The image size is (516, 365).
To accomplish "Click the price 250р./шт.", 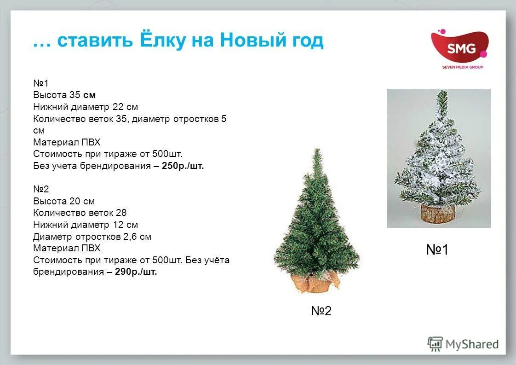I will [x=183, y=166].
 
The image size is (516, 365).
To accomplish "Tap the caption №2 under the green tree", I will [x=321, y=311].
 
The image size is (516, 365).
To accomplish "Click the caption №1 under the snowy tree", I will [x=437, y=250].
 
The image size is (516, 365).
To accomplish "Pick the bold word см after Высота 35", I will [x=89, y=95].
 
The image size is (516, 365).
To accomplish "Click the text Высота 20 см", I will [x=64, y=201].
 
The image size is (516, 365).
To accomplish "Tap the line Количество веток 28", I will [x=80, y=213].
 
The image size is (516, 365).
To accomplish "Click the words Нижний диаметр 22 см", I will [x=86, y=107].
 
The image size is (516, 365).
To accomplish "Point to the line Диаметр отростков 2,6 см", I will [x=92, y=237].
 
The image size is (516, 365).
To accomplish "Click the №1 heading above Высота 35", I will [x=41, y=83].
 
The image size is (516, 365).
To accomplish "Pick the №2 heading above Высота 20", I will [x=41, y=189].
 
